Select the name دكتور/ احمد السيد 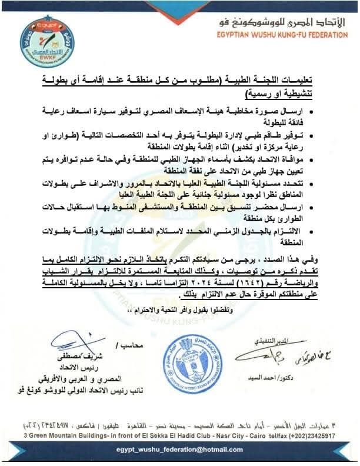click(292, 379)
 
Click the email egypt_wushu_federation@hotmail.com click(180, 449)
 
